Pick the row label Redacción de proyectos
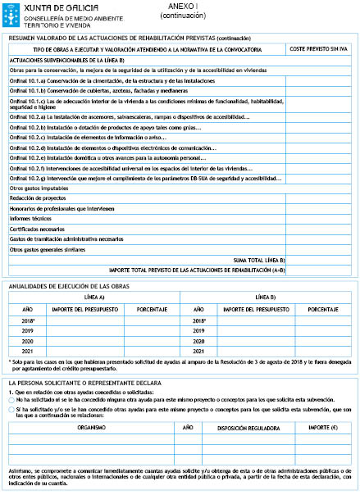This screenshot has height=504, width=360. [38, 198]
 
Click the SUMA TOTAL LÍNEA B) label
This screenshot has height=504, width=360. [257, 259]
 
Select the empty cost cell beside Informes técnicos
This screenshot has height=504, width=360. [320, 218]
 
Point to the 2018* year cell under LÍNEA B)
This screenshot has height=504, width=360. [198, 320]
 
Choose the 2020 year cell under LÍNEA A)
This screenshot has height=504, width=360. [27, 340]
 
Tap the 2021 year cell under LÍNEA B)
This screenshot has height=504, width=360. [198, 351]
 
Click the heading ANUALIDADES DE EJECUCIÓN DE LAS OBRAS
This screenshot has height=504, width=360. [68, 286]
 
